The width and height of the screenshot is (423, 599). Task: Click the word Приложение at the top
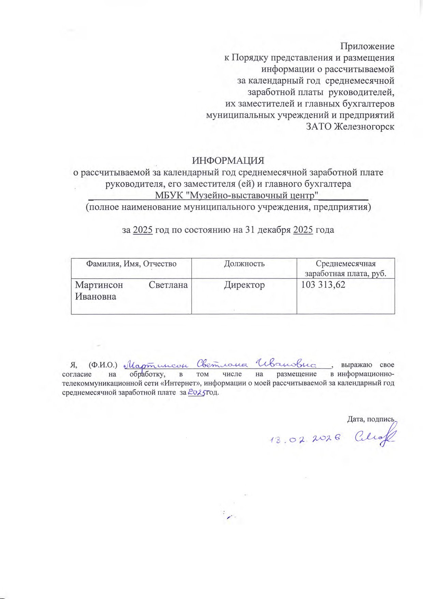coord(367,46)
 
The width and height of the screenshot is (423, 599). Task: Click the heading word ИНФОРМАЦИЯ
coord(228,161)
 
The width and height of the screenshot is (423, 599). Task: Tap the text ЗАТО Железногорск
coord(350,127)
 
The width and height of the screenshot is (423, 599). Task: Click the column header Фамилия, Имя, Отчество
coord(131,264)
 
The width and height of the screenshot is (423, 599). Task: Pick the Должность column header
coord(244,264)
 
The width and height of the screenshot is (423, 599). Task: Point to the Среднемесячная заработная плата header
coord(346,268)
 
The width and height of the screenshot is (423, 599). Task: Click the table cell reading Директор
coord(244,285)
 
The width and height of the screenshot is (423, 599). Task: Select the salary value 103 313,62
coord(323,285)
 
